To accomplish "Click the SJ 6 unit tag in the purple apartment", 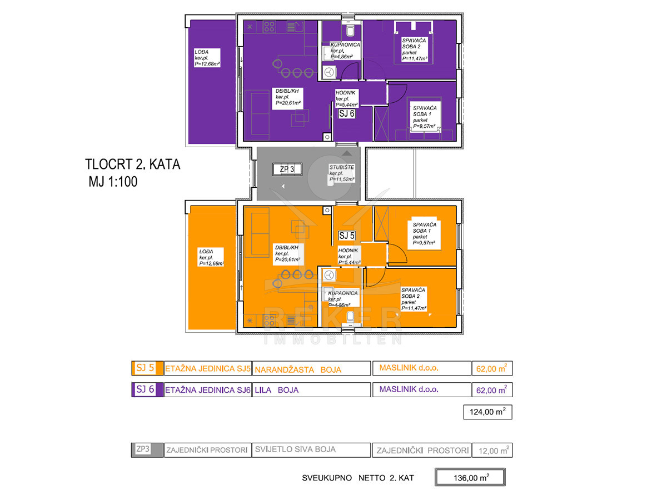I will pyautogui.click(x=347, y=113).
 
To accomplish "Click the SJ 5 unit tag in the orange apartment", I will pyautogui.click(x=347, y=236).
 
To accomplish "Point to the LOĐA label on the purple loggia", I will pyautogui.click(x=206, y=58).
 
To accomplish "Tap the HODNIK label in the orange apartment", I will pyautogui.click(x=349, y=256).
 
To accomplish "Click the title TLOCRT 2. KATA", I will pyautogui.click(x=133, y=165).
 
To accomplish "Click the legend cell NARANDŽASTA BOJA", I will pyautogui.click(x=311, y=369).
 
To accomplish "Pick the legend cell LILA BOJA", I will pyautogui.click(x=311, y=390).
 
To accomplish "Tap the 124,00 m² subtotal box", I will pyautogui.click(x=487, y=412).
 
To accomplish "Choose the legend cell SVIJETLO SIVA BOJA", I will pyautogui.click(x=311, y=450).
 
